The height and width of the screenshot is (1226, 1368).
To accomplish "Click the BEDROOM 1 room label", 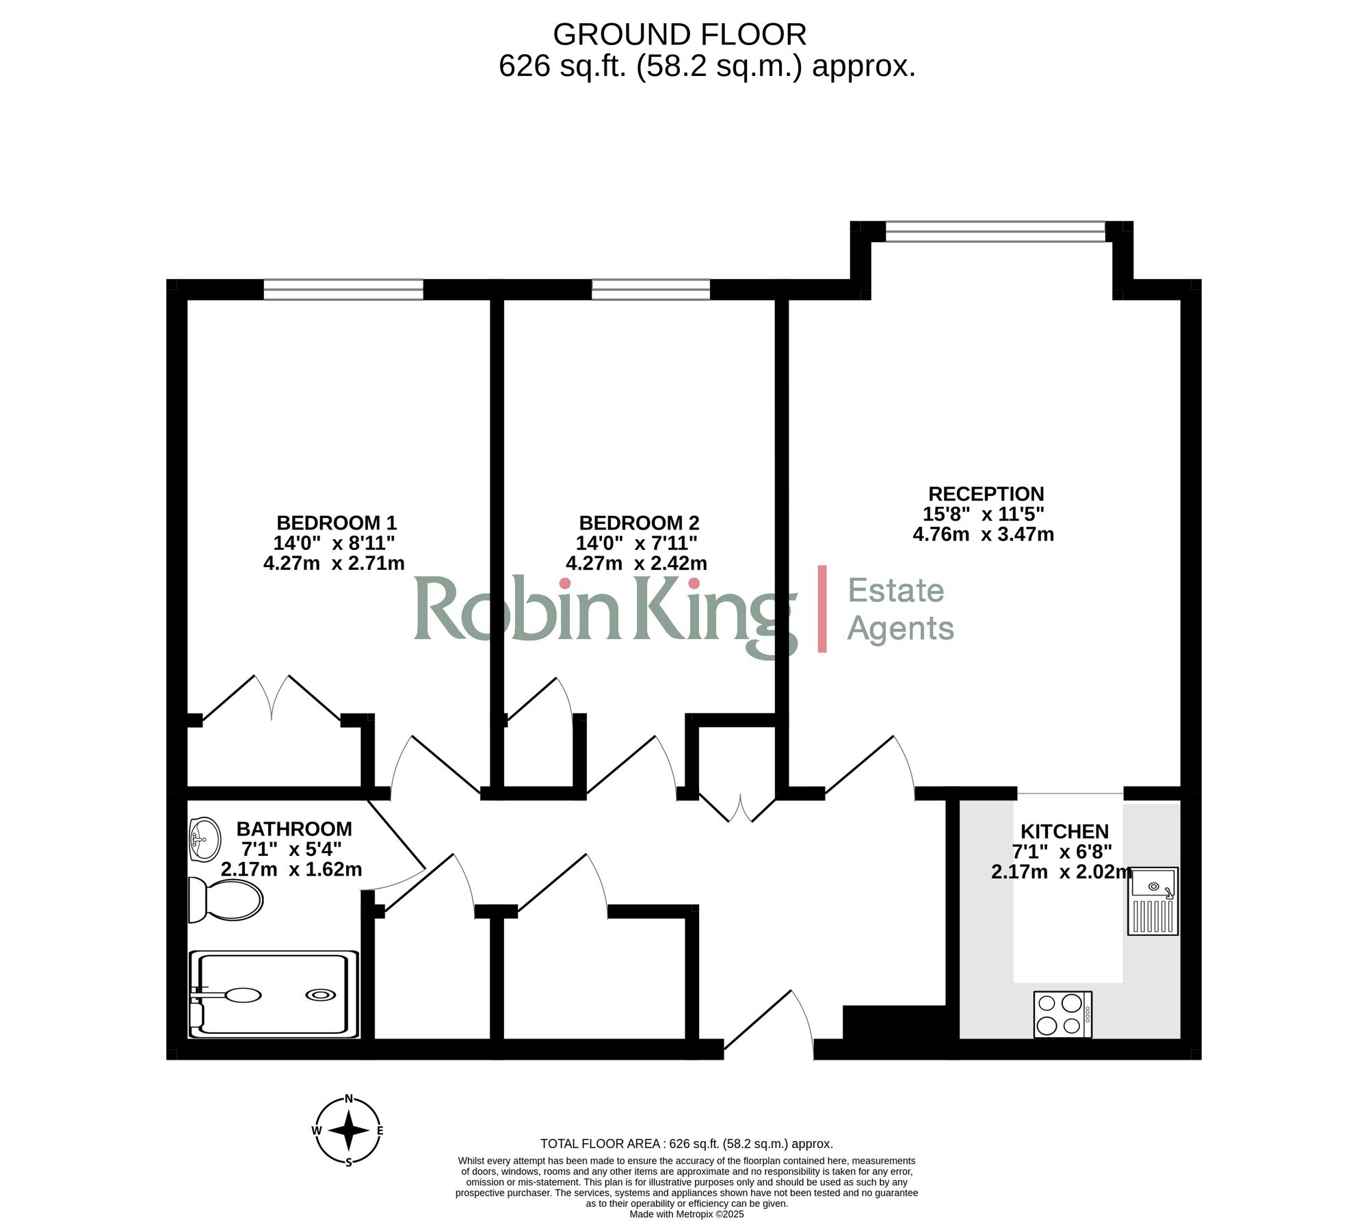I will (337, 523).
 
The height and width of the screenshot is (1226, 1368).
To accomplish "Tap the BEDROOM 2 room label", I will (639, 523).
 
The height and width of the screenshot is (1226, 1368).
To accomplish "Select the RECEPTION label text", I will (986, 494).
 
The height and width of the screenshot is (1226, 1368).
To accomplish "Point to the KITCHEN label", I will (1064, 831).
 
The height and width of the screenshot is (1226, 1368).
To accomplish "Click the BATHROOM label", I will (294, 829).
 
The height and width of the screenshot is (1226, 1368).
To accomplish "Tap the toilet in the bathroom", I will (226, 899).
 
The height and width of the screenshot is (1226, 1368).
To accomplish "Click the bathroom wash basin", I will (205, 839).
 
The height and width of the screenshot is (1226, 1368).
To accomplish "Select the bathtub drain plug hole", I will (320, 995).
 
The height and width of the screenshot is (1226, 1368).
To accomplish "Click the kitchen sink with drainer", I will (1153, 901).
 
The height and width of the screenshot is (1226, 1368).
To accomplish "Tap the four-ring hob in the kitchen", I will (1062, 1014).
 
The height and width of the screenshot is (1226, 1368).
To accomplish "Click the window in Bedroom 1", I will (343, 289).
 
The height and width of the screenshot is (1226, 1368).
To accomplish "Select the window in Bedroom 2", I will (650, 289).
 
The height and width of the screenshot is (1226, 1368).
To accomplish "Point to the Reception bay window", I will (995, 231).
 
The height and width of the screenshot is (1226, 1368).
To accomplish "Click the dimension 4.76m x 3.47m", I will (983, 534).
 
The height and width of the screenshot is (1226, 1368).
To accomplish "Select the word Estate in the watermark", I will (896, 590).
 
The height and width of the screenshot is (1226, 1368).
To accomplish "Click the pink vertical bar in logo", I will (822, 608).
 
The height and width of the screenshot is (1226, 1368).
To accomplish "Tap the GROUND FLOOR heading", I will (679, 34).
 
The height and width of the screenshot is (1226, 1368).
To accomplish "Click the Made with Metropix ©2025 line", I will (686, 1214).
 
